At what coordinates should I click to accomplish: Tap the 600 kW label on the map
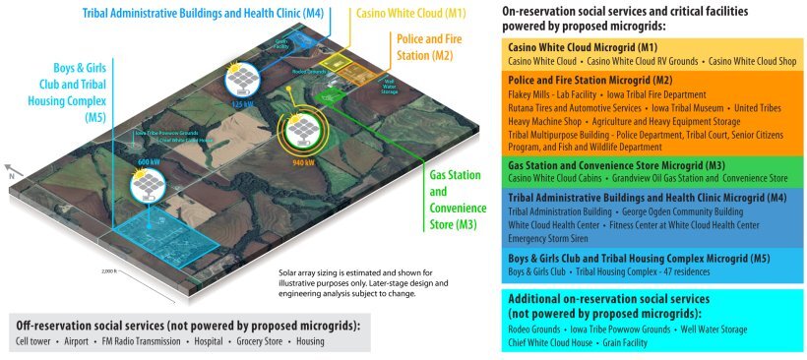coord(150,161)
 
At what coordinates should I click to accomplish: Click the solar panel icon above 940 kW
coord(299,129)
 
